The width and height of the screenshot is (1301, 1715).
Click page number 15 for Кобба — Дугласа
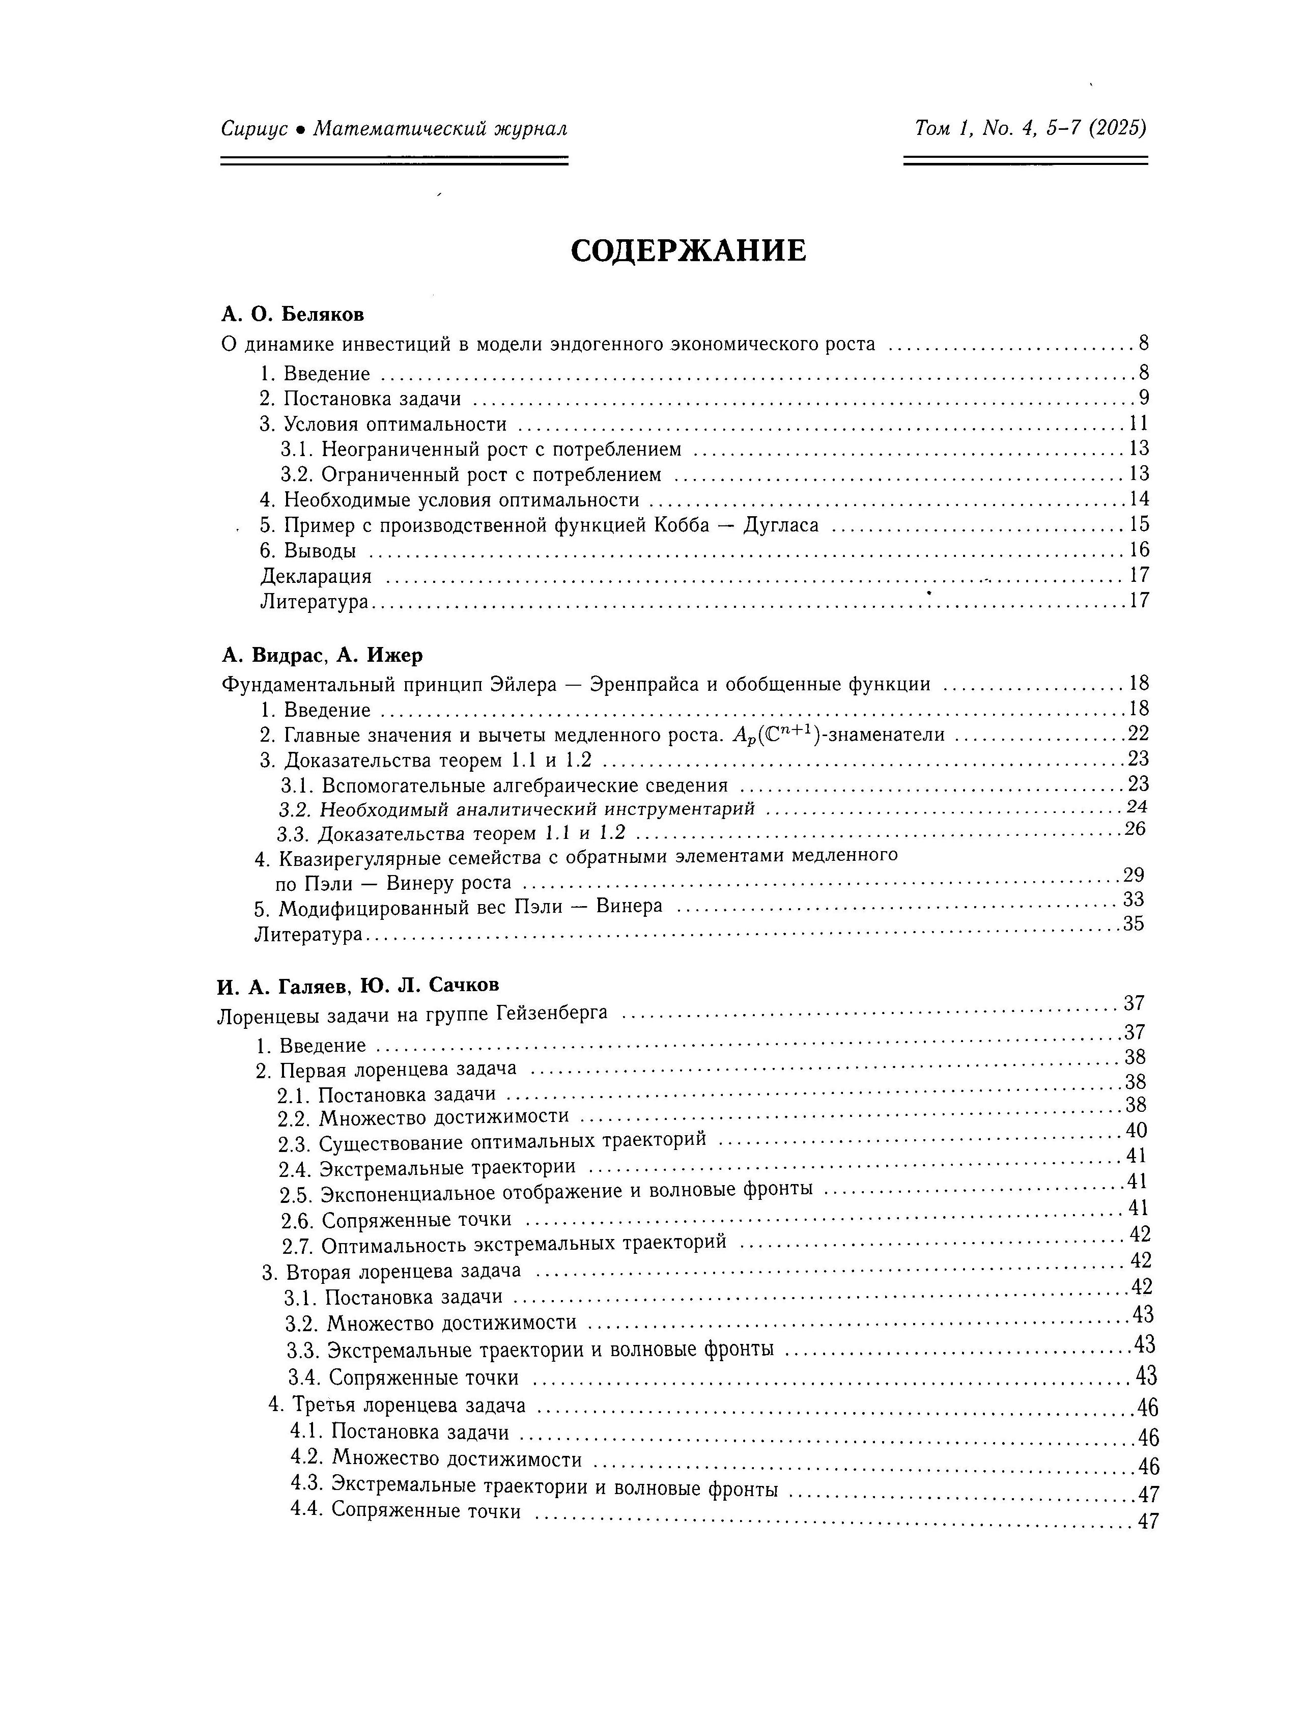1138,524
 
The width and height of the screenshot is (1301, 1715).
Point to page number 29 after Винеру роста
1134,875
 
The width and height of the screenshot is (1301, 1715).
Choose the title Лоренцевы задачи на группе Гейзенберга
412,1014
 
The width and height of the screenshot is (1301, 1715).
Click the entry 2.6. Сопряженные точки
396,1220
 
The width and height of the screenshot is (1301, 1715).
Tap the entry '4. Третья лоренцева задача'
397,1405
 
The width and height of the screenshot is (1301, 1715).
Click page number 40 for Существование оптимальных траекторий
1136,1131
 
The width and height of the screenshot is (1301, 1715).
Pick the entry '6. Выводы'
308,550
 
